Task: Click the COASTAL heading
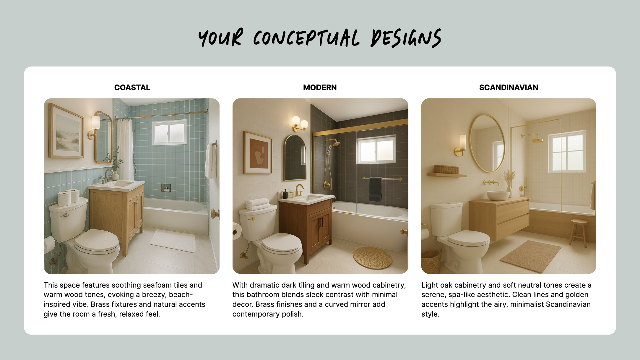point(132,87)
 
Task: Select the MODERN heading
point(320,87)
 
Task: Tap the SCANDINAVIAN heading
point(509,87)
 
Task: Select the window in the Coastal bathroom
point(169,132)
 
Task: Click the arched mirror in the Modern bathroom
point(295,158)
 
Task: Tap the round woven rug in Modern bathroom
point(372,258)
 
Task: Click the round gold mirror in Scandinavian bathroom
point(487,143)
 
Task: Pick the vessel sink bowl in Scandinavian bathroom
point(498,195)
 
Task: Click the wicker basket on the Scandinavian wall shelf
point(446,169)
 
